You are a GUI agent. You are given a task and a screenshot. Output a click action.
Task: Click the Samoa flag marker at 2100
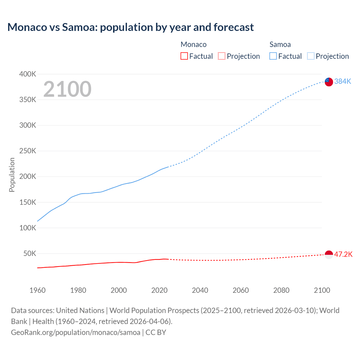pyautogui.click(x=329, y=82)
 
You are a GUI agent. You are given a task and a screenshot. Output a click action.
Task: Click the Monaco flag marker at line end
pyautogui.click(x=329, y=255)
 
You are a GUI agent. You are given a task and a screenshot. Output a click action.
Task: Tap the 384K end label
pyautogui.click(x=343, y=81)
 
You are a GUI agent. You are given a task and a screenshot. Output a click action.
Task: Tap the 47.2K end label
pyautogui.click(x=343, y=254)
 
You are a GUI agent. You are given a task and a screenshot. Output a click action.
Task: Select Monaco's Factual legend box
pyautogui.click(x=184, y=56)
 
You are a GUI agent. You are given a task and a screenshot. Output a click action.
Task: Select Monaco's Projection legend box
pyautogui.click(x=222, y=56)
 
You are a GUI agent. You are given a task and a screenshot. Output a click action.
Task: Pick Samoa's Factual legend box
pyautogui.click(x=273, y=56)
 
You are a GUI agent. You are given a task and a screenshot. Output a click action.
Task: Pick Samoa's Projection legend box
pyautogui.click(x=310, y=56)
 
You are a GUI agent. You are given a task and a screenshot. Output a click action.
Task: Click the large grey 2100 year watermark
pyautogui.click(x=67, y=89)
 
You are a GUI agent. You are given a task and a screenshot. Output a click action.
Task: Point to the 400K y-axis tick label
pyautogui.click(x=28, y=74)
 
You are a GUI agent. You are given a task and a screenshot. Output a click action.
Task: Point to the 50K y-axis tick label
pyautogui.click(x=30, y=253)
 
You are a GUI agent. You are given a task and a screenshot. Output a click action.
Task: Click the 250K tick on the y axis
pyautogui.click(x=28, y=151)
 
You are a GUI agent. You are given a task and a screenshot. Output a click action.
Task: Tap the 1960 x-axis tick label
pyautogui.click(x=37, y=290)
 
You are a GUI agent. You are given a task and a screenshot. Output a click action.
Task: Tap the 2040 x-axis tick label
pyautogui.click(x=200, y=290)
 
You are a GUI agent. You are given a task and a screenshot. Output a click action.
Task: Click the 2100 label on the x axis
pyautogui.click(x=322, y=290)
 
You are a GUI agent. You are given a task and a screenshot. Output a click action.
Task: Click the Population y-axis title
pyautogui.click(x=12, y=175)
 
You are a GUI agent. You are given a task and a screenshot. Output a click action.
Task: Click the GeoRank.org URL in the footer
pyautogui.click(x=75, y=332)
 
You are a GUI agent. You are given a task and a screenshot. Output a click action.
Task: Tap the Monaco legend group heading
pyautogui.click(x=193, y=44)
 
